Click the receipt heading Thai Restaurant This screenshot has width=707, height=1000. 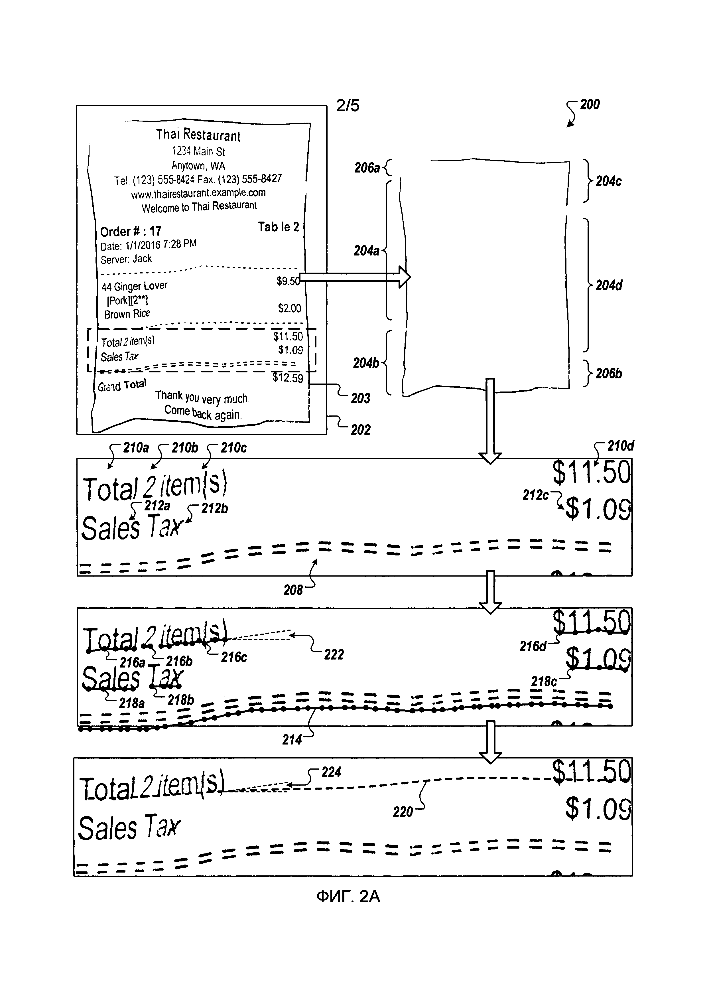coord(198,135)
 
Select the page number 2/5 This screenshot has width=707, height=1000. coord(348,106)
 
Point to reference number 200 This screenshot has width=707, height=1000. coord(590,105)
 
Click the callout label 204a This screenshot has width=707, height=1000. coord(366,251)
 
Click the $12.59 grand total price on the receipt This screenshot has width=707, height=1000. coord(288,378)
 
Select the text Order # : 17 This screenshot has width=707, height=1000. coord(131,231)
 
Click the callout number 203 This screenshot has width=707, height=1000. coord(360,398)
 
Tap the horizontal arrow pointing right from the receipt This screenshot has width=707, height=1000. coord(355,277)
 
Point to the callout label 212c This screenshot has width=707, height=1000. coord(535,495)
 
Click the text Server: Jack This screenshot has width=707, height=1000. coord(126,259)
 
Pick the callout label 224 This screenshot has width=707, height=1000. coord(331,772)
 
